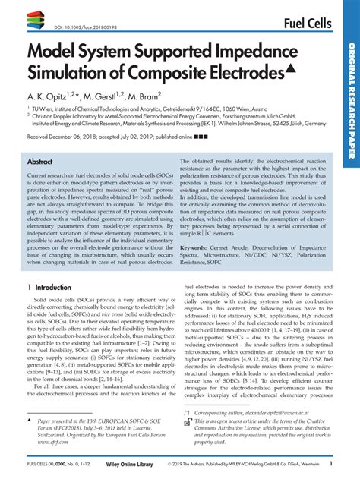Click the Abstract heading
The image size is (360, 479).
click(39, 162)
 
